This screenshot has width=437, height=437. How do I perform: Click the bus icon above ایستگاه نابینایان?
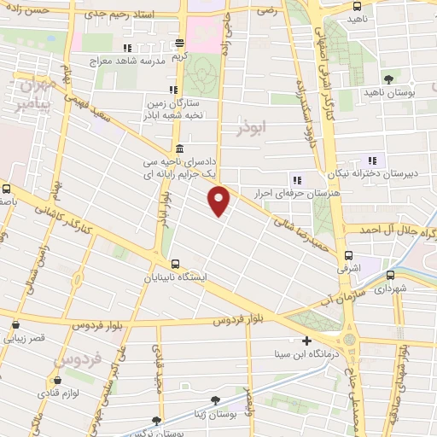coord(175,264)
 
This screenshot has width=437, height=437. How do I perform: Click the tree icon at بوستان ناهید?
coord(388,78)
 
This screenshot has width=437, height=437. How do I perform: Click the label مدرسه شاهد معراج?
coord(129,61)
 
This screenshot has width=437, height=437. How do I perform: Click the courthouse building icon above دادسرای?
coord(178,148)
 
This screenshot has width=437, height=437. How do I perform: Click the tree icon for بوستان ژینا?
coord(216,399)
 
